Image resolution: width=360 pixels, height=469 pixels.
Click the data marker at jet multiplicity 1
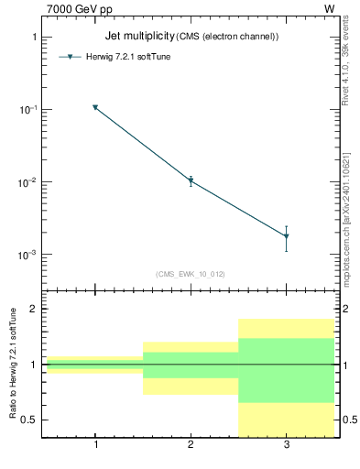[x=95, y=107]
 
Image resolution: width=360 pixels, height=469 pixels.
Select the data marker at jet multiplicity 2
[x=191, y=181]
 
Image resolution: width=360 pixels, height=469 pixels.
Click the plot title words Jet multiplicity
[x=138, y=36]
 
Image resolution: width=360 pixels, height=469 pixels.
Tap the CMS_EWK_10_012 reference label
[x=191, y=274]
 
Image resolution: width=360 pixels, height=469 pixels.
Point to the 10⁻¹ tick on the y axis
[x=27, y=109]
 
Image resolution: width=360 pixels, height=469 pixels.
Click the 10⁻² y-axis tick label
[x=27, y=182]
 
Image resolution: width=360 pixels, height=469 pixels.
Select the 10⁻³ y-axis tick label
[x=27, y=255]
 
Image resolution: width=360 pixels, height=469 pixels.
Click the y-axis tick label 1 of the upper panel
[x=33, y=38]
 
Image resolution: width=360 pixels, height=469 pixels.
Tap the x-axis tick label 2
[x=191, y=446]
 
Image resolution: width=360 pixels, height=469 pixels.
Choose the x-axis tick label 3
[x=286, y=446]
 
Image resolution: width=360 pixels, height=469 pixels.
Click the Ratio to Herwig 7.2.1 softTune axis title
[x=11, y=364]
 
